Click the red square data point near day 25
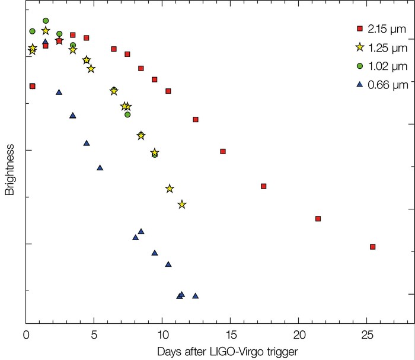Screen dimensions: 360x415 (x=372, y=247)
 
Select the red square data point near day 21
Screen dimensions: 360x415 (x=318, y=219)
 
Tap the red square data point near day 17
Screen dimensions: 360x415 (x=263, y=186)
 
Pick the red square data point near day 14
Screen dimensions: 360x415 (x=223, y=151)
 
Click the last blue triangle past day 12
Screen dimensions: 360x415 (x=195, y=296)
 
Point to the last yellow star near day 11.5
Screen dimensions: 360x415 (x=182, y=205)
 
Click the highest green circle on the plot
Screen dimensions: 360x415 (x=46, y=21)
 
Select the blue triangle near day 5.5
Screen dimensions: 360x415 (x=100, y=167)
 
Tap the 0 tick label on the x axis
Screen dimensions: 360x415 (x=26, y=334)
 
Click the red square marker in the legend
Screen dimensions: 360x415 (x=359, y=28)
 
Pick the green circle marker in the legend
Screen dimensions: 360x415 (x=359, y=66)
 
